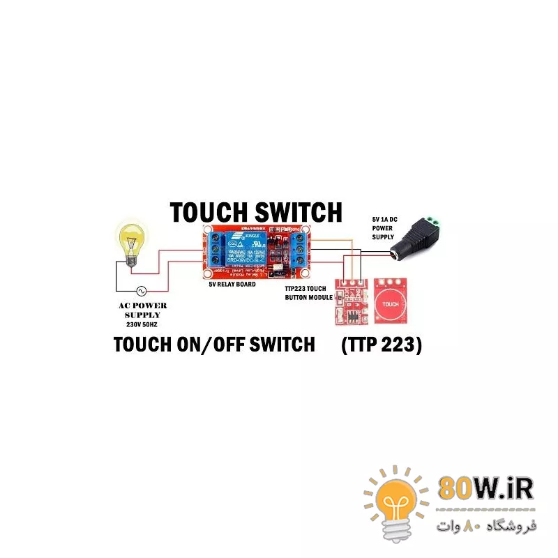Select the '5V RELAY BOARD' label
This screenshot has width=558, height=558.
tap(232, 285)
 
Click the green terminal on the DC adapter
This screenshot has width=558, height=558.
tap(433, 223)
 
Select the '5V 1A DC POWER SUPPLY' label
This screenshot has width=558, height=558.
tap(383, 227)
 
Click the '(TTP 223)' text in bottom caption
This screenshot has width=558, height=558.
tap(382, 345)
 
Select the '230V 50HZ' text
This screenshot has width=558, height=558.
tap(141, 324)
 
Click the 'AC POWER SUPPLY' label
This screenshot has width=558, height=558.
tap(141, 310)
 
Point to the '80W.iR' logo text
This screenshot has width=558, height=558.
tap(486, 488)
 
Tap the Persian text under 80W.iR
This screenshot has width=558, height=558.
tap(486, 524)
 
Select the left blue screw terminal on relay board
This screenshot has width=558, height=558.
tap(214, 251)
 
